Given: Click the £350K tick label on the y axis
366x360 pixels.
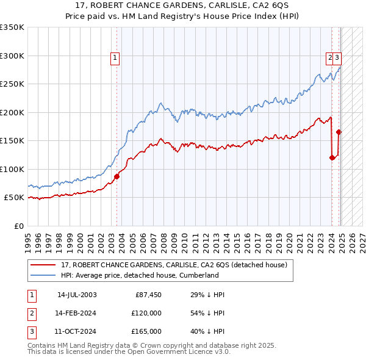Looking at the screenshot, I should pyautogui.click(x=12, y=27).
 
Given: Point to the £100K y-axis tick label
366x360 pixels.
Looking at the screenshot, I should pyautogui.click(x=12, y=169).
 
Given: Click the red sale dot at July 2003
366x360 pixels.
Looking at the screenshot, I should pyautogui.click(x=117, y=176).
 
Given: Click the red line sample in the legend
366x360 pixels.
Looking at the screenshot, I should pyautogui.click(x=42, y=265).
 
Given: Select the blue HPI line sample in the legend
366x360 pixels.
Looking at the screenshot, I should pyautogui.click(x=42, y=275).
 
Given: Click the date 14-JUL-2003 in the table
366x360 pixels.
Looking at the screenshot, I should pyautogui.click(x=77, y=295).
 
